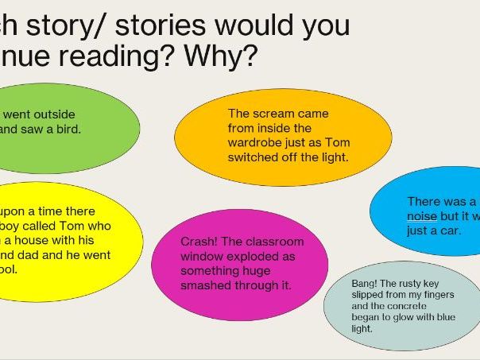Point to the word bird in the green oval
68,129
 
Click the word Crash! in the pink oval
198,242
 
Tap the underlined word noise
421,215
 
